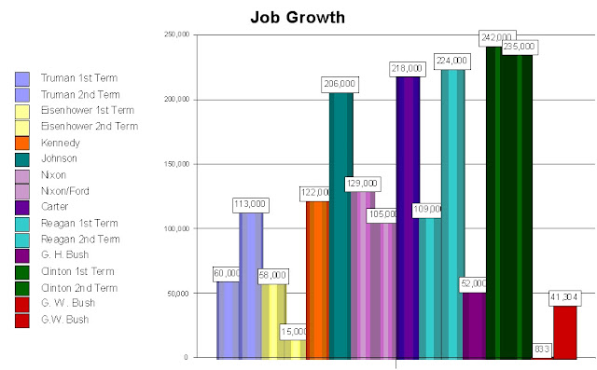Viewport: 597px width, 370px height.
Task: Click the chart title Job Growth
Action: point(298,17)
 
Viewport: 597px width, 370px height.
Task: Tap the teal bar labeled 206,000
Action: point(340,233)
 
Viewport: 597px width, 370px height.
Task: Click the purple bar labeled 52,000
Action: point(475,326)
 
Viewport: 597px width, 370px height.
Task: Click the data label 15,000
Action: point(294,332)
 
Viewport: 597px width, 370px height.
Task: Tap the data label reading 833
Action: point(542,349)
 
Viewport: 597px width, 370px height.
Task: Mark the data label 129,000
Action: point(362,184)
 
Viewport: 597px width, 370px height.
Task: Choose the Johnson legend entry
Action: point(60,158)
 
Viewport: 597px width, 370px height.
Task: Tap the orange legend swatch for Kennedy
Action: point(22,143)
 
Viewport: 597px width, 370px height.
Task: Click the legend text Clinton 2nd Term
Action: point(79,287)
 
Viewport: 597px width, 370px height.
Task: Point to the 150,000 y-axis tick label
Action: point(175,164)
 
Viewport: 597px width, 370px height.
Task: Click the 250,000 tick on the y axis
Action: point(175,34)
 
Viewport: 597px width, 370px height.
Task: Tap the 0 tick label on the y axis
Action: point(186,357)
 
